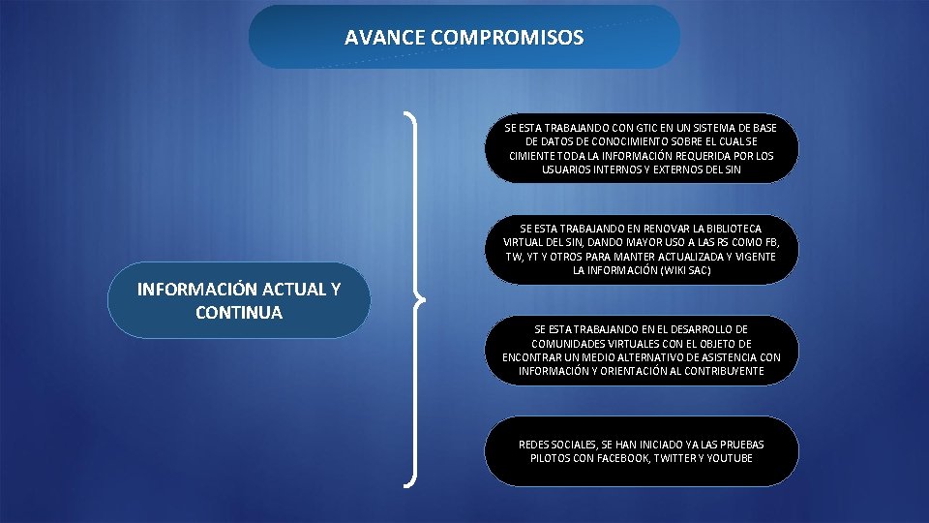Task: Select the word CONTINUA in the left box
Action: pos(239,313)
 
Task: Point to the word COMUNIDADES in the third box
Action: pos(565,344)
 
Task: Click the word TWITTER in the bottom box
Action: pos(678,458)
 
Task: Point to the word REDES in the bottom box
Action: pos(534,445)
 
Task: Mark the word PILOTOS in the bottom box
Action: pos(551,458)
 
